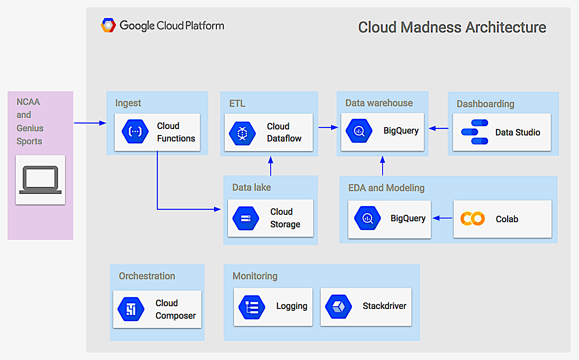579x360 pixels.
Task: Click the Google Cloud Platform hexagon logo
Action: tap(108, 25)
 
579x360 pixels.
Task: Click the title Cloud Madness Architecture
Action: tap(452, 27)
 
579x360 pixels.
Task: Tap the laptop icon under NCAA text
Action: tap(40, 180)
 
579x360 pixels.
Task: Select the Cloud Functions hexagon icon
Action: tap(135, 132)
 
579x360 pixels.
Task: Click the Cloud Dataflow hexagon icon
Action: tap(242, 133)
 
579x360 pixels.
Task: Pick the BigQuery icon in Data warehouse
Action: tap(359, 131)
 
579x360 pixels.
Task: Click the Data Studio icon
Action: tap(475, 132)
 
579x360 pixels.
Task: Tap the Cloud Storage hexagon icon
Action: tap(246, 218)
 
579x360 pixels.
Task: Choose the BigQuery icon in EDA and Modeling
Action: tap(367, 219)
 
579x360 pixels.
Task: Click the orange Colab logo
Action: tap(472, 219)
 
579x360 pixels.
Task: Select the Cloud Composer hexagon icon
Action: tap(131, 309)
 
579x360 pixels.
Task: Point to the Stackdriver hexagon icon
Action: tap(338, 306)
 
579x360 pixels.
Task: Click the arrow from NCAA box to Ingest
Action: tap(90, 123)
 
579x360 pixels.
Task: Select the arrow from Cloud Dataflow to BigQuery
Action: tap(328, 127)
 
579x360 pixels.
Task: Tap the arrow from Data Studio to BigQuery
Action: tap(438, 128)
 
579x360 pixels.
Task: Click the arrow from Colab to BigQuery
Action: tap(442, 218)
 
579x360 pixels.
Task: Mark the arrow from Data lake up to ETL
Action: tap(271, 166)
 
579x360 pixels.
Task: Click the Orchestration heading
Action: tap(147, 276)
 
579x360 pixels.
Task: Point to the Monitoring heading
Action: tap(255, 276)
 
